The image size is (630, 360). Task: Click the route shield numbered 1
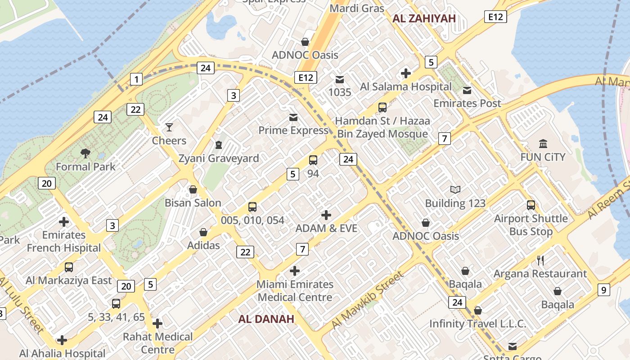pos(136,80)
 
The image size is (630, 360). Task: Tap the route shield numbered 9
pos(604,290)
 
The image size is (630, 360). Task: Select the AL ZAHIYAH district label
pos(424,18)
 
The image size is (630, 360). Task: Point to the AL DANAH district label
pos(266,319)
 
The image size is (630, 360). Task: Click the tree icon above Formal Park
pos(85,154)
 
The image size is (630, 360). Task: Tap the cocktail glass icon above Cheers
pos(169,127)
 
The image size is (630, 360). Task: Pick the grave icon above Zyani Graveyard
pos(219,145)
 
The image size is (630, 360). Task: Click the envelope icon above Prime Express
pos(293,117)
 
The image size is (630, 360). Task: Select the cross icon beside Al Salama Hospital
pos(406,73)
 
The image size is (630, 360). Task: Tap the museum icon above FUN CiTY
pos(543,144)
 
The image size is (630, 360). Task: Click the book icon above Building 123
pos(455,190)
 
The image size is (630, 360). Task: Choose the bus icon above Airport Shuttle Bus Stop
pos(531,205)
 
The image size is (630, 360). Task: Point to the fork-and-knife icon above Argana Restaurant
pos(540,260)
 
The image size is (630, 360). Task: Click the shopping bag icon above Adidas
pos(203,232)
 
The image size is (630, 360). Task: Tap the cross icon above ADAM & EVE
pos(326,215)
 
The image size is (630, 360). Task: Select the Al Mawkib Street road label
pos(367,300)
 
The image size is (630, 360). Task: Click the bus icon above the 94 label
pos(313,160)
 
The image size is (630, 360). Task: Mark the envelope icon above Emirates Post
pos(467,90)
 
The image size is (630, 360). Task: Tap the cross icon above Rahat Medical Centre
pos(157,324)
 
